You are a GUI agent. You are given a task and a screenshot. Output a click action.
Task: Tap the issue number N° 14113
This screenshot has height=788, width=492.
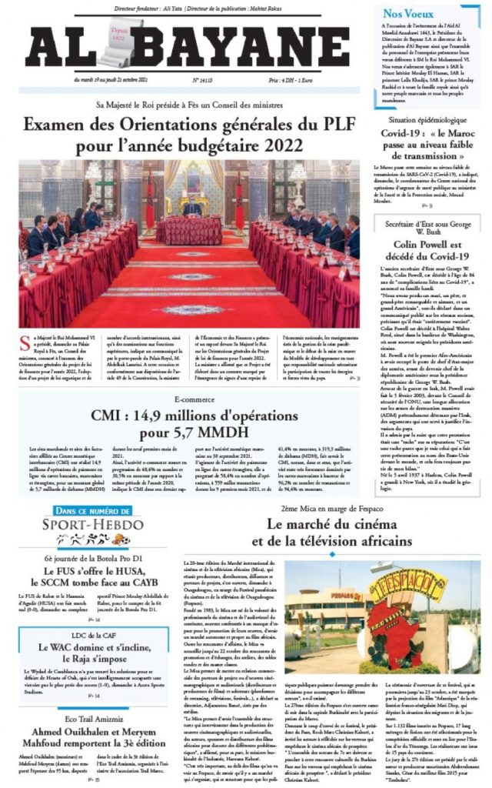pos(203,79)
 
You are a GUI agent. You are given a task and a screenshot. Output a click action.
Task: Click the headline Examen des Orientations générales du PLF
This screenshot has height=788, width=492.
pos(190,135)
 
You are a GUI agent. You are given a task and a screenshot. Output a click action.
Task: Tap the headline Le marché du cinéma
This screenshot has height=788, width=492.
pos(337,533)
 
